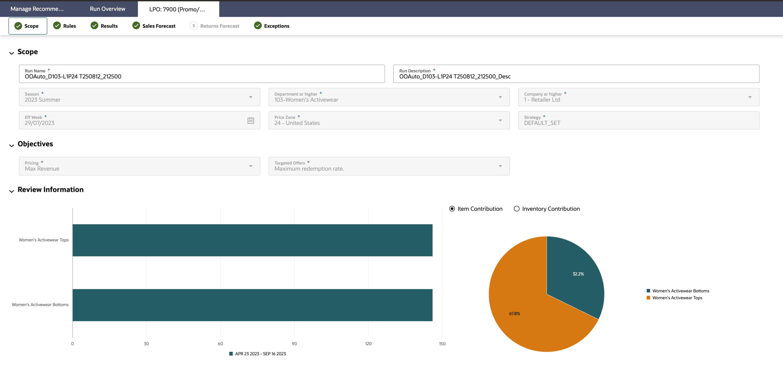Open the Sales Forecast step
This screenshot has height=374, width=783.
click(154, 26)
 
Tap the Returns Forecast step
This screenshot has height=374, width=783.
click(215, 26)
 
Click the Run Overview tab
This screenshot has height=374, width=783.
click(107, 9)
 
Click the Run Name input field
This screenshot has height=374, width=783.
click(202, 76)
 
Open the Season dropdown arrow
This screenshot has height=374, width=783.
click(251, 97)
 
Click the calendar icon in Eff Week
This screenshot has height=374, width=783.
click(251, 120)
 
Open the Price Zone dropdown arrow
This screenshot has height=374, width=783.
click(500, 120)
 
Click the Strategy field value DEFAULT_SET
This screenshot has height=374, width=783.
click(542, 123)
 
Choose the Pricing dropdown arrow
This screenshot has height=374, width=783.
click(251, 166)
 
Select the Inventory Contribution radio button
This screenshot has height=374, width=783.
click(516, 209)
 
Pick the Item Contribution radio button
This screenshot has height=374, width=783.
click(452, 209)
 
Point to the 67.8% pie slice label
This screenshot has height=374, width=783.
click(514, 313)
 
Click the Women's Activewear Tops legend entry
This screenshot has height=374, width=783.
click(677, 298)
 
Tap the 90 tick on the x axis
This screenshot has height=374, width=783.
click(294, 344)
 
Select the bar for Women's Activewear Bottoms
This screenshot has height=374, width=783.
click(252, 305)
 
